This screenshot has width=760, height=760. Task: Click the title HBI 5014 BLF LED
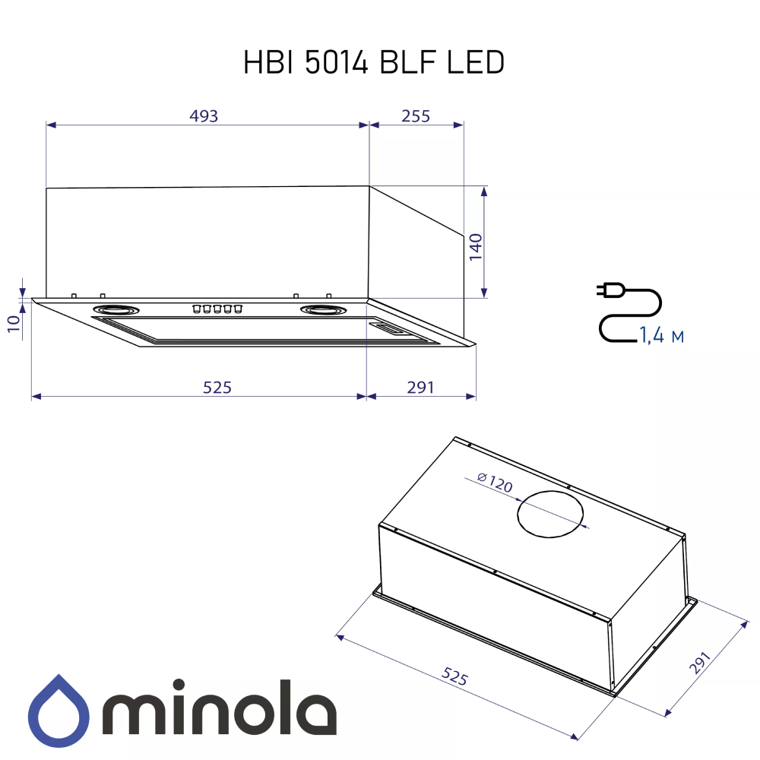(x=374, y=63)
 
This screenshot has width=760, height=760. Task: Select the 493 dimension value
(x=204, y=116)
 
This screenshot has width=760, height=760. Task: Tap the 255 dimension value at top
(x=416, y=116)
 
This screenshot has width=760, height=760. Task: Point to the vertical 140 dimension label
(x=475, y=248)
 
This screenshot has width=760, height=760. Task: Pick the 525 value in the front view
(x=217, y=388)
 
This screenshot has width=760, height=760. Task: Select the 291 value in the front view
(x=420, y=388)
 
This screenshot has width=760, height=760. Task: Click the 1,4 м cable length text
(x=661, y=335)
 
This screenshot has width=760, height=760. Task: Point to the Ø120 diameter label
(x=495, y=482)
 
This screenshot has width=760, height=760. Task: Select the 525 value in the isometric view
(x=454, y=676)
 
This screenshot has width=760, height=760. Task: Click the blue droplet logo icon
(x=59, y=710)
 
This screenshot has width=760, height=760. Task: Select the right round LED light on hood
(x=323, y=309)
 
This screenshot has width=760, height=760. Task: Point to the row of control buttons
(x=217, y=309)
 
